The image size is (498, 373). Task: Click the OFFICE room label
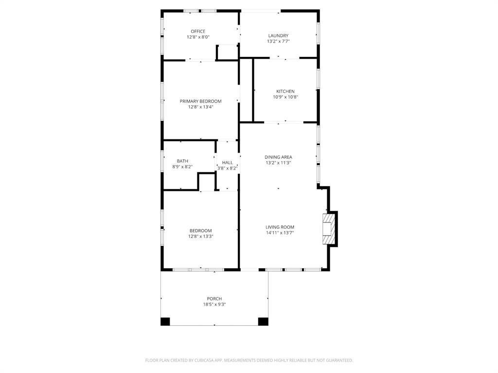pyautogui.click(x=198, y=32)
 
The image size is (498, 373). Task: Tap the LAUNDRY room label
pyautogui.click(x=278, y=35)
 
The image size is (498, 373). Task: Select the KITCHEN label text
pyautogui.click(x=285, y=91)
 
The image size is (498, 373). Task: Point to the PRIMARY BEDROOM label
pyautogui.click(x=200, y=101)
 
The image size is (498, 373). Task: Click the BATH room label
pyautogui.click(x=182, y=161)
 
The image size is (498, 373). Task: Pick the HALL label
pyautogui.click(x=227, y=163)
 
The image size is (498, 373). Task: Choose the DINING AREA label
pyautogui.click(x=278, y=157)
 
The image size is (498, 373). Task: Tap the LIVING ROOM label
pyautogui.click(x=280, y=227)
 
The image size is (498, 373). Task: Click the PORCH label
pyautogui.click(x=214, y=299)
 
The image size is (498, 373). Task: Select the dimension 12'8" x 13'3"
pyautogui.click(x=200, y=237)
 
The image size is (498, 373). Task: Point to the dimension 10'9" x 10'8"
pyautogui.click(x=285, y=97)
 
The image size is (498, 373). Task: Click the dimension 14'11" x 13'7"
pyautogui.click(x=280, y=233)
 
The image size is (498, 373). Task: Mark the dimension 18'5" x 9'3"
pyautogui.click(x=214, y=305)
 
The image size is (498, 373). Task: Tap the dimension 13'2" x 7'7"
pyautogui.click(x=278, y=41)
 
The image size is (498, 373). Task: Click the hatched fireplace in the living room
pyautogui.click(x=329, y=229)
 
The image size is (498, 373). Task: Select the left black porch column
pyautogui.click(x=165, y=321)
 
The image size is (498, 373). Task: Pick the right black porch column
pyautogui.click(x=263, y=321)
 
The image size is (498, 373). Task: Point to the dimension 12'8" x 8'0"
pyautogui.click(x=198, y=37)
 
